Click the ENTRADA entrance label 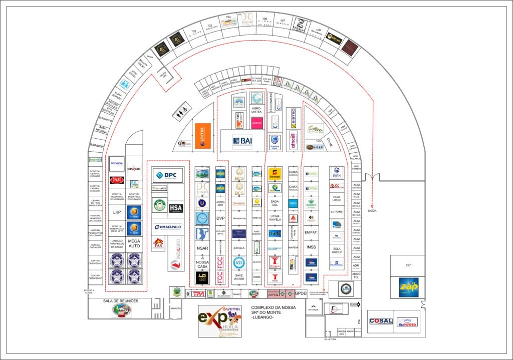[313, 309]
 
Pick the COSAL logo [381, 321]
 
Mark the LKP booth [117, 212]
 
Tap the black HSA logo [175, 208]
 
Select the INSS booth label [311, 247]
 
